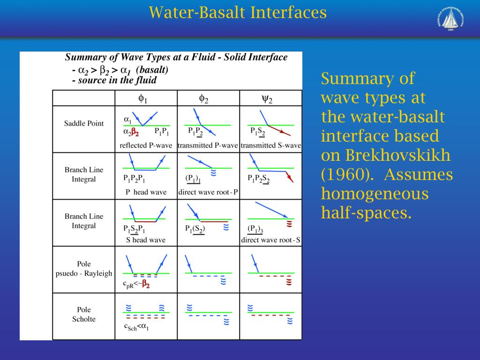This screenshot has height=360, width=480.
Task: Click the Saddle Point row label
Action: [84, 124]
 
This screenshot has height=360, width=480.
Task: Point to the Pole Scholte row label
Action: [84, 315]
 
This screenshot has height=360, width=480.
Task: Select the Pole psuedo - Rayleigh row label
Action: [84, 269]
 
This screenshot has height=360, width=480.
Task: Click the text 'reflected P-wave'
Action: [146, 146]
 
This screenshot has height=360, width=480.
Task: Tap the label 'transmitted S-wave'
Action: [271, 146]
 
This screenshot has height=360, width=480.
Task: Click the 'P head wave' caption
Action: [146, 192]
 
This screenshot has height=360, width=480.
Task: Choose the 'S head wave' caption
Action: [146, 240]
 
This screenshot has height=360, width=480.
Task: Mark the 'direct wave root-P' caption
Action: [209, 192]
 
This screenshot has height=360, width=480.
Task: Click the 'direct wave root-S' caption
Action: [271, 240]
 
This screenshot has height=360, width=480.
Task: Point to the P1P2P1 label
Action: [135, 179]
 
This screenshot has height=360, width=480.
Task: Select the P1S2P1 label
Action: [135, 229]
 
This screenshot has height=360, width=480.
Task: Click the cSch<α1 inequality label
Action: [136, 327]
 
